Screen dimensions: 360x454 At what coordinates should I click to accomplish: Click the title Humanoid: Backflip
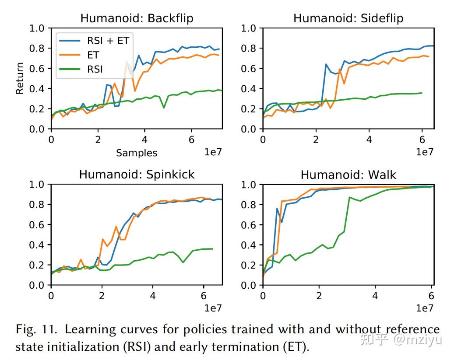click(x=137, y=18)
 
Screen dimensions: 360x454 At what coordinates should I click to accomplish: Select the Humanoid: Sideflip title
click(x=348, y=18)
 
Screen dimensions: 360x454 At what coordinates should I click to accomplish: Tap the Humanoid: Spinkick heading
click(x=137, y=175)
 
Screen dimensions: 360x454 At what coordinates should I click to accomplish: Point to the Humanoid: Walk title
click(x=348, y=175)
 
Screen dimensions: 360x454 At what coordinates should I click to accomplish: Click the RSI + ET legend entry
click(x=108, y=41)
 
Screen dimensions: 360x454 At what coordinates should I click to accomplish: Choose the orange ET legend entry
click(x=93, y=55)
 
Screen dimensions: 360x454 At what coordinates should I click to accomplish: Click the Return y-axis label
click(x=20, y=79)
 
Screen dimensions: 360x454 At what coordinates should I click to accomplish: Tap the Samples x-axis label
click(x=137, y=153)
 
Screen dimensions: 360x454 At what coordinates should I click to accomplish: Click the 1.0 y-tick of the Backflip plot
click(x=37, y=28)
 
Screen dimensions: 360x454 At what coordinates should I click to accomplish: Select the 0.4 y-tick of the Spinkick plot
click(x=37, y=245)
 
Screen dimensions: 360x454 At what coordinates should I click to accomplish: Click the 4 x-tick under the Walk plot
click(x=375, y=296)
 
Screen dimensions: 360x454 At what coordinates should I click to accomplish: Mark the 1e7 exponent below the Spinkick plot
click(x=212, y=308)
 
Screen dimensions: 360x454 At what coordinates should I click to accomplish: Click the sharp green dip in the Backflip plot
click(x=164, y=107)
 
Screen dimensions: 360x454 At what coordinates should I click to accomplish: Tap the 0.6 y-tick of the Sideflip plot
click(x=249, y=69)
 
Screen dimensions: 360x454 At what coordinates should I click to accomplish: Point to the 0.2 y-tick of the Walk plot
click(x=249, y=265)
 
